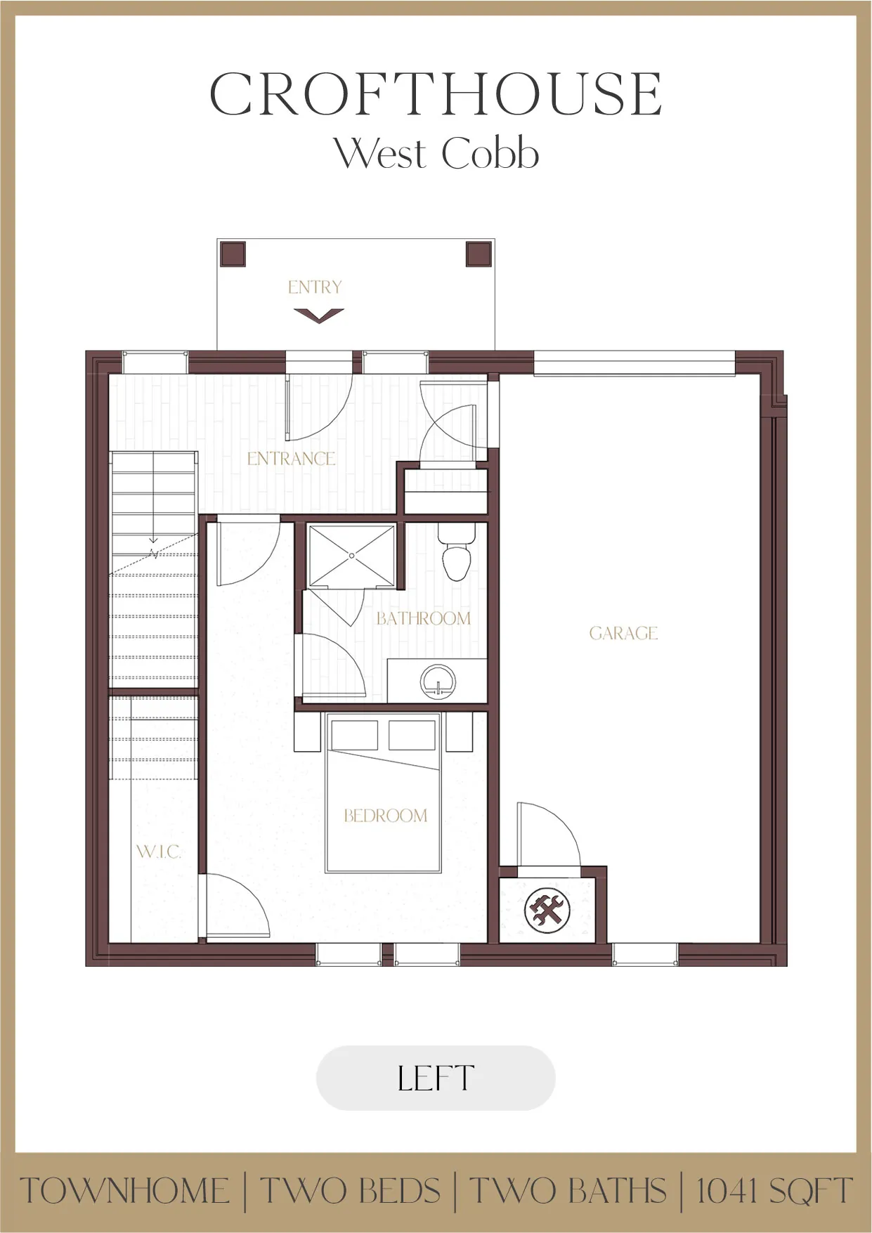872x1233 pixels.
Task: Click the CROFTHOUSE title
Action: (436, 94)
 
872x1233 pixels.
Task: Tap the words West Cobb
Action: (436, 153)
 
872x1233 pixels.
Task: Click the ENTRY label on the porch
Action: (315, 287)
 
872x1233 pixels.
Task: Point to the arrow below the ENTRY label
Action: (319, 315)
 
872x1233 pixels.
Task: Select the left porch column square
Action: (233, 254)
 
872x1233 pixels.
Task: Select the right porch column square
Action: (479, 254)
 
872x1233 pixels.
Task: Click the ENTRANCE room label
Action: (291, 459)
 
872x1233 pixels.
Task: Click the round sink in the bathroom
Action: (438, 681)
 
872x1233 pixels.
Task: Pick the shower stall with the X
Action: (352, 556)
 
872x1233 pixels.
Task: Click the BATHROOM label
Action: (423, 619)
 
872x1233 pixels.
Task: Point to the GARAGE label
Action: (623, 634)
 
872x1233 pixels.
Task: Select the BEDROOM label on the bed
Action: (385, 816)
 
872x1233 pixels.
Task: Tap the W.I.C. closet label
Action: (158, 852)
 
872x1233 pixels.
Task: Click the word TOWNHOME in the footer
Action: (125, 1192)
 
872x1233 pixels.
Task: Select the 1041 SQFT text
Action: (774, 1192)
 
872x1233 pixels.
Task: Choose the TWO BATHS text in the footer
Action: (568, 1192)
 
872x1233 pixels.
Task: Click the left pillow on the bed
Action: (355, 735)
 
